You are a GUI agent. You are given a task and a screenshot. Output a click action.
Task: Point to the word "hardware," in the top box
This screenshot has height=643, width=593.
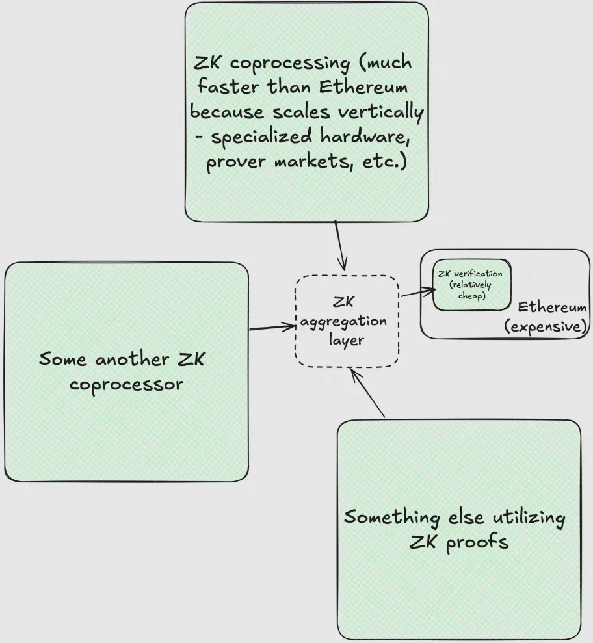365,137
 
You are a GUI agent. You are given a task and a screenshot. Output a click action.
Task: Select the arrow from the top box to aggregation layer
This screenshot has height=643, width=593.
339,244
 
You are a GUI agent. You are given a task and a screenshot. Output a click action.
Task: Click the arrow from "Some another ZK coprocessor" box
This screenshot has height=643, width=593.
272,327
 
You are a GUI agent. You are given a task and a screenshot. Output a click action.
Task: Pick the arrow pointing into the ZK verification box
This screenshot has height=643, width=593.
416,293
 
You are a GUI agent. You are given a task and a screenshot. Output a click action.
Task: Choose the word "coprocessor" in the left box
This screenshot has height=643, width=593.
126,384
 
